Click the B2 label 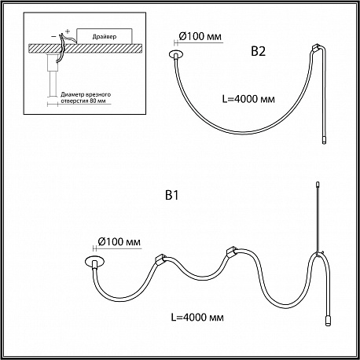coord(259,51)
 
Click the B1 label coord(172,196)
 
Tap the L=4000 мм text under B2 coord(248,99)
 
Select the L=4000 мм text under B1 coord(197,318)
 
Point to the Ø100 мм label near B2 coord(200,36)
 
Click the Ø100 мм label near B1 coord(119,241)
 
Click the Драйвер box coord(105,36)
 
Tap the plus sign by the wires coord(68,31)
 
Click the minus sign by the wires coord(53,36)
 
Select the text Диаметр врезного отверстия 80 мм coord(86,97)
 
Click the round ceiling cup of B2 coord(176,54)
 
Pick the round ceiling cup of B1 coord(94,261)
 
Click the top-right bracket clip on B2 coord(316,48)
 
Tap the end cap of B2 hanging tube coord(324,140)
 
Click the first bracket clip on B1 coord(160,259)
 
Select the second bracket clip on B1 coord(231,252)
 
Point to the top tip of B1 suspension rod coord(318,182)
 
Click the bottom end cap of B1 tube coord(328,321)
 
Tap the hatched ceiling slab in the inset coord(86,49)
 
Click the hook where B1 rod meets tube coord(318,253)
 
